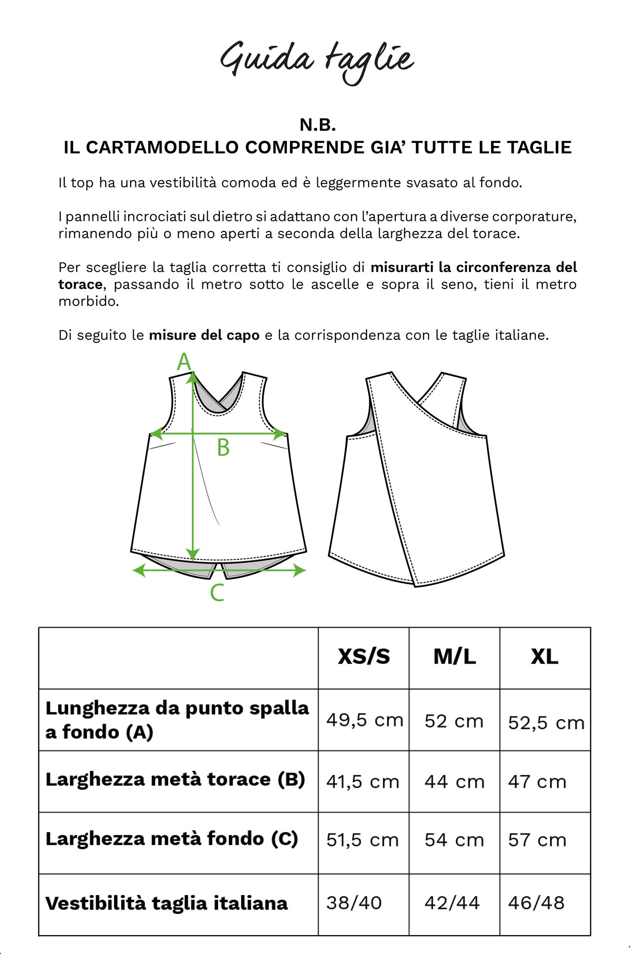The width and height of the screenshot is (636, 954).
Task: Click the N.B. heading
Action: click(318, 125)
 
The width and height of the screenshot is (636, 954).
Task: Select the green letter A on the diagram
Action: click(184, 362)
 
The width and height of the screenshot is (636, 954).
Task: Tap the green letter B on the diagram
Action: click(223, 448)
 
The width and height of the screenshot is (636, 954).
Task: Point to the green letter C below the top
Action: click(217, 593)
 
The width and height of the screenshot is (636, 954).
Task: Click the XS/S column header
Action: click(364, 657)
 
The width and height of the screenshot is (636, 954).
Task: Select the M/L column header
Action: click(454, 657)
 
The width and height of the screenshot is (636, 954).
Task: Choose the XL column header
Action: click(544, 657)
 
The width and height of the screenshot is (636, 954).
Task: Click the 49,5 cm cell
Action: click(364, 720)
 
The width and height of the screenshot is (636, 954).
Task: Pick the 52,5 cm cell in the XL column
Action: click(546, 723)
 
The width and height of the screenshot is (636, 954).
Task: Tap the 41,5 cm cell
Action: click(362, 782)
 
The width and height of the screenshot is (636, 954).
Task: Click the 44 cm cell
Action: click(454, 782)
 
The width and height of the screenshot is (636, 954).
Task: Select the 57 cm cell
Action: click(537, 840)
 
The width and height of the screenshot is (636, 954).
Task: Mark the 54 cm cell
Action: click(454, 840)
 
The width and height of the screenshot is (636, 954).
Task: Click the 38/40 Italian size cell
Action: click(354, 903)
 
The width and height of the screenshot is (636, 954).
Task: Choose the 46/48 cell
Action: click(536, 903)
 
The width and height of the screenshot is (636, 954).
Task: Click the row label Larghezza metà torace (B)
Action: click(175, 779)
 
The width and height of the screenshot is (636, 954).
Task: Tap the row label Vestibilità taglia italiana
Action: click(166, 903)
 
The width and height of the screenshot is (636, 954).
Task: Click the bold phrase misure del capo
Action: click(204, 335)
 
